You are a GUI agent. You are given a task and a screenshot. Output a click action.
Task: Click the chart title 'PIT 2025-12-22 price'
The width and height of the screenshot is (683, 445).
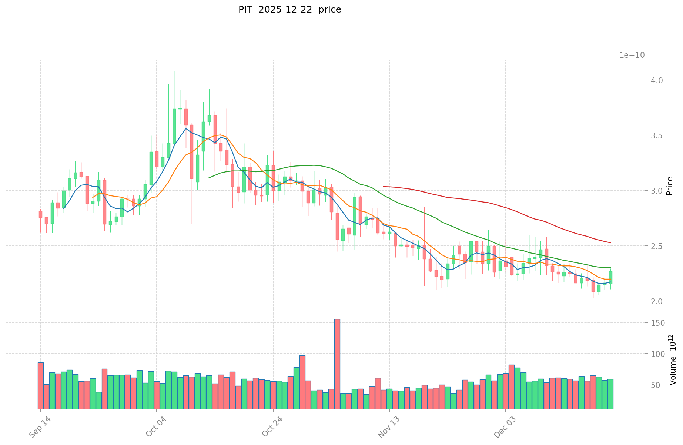pyautogui.click(x=289, y=10)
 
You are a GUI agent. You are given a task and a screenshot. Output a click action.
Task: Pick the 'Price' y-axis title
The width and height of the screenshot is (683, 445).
pyautogui.click(x=669, y=186)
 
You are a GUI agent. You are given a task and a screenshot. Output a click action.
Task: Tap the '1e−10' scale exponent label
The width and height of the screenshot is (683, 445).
pyautogui.click(x=632, y=55)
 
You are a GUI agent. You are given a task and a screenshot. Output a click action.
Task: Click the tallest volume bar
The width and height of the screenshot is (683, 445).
pyautogui.click(x=337, y=364)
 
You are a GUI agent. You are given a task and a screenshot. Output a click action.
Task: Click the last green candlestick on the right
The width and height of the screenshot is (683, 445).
pyautogui.click(x=610, y=278)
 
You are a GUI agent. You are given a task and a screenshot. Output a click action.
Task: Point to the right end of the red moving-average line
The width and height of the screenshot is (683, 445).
pyautogui.click(x=610, y=243)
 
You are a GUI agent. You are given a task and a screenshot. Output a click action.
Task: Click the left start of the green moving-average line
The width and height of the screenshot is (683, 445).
pyautogui.click(x=209, y=178)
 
